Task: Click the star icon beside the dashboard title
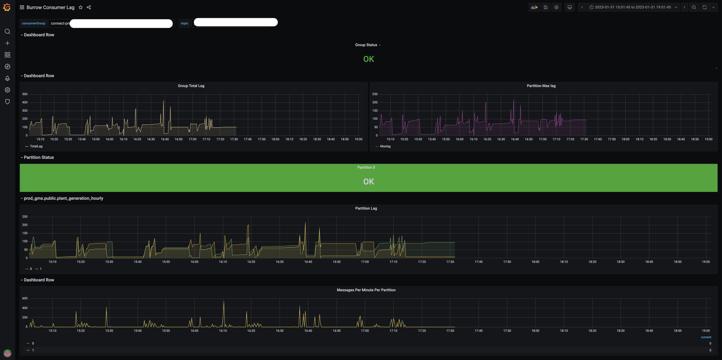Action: point(81,7)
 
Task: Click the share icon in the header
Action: point(89,7)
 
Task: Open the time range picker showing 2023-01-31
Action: point(633,7)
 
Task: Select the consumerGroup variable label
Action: point(33,23)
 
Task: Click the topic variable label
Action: point(184,23)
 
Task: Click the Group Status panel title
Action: point(366,45)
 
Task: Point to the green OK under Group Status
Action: point(369,59)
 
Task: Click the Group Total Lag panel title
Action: point(191,86)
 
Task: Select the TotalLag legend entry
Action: point(36,146)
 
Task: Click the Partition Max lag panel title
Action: point(541,86)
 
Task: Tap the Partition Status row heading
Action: point(39,157)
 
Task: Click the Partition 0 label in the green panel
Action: point(366,168)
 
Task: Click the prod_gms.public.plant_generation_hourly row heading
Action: point(63,198)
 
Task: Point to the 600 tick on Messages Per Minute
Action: point(25,298)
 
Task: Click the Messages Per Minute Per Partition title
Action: point(366,290)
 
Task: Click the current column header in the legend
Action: point(706,337)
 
